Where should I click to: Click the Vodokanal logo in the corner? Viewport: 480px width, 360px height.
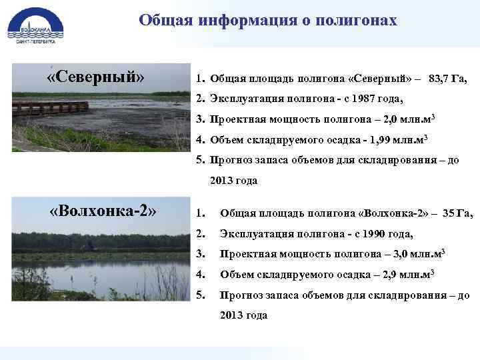[x=35, y=25]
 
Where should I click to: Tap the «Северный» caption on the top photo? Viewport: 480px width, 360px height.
[x=96, y=77]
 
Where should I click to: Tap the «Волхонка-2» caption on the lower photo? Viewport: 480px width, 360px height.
[x=104, y=211]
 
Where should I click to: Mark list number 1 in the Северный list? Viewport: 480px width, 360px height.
[x=199, y=79]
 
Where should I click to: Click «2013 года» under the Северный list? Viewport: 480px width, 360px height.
[x=233, y=181]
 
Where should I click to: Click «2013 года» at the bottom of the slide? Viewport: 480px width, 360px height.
[x=243, y=315]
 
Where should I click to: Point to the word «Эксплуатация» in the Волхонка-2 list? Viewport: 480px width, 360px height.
[x=256, y=234]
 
